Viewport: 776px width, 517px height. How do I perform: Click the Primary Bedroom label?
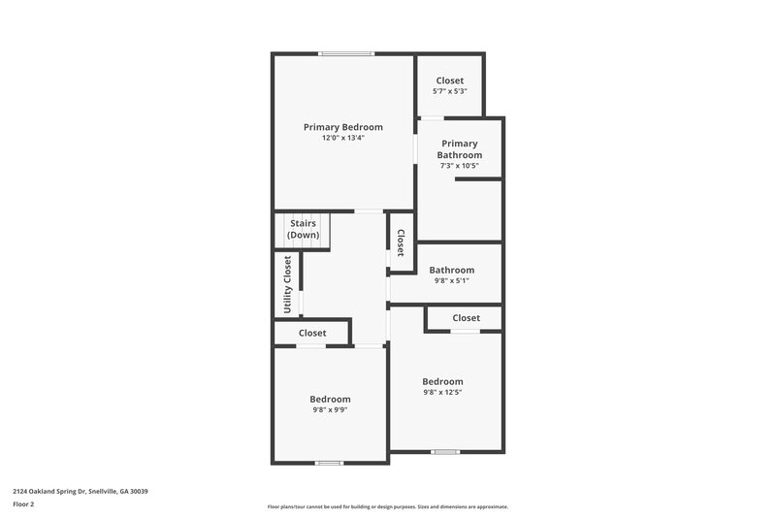342,127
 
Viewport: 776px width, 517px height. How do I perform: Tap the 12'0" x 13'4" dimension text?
342,138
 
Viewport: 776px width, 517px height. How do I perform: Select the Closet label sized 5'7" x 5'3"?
449,81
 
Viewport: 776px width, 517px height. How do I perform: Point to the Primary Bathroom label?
459,148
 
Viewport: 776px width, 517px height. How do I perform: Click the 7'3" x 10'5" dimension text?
459,166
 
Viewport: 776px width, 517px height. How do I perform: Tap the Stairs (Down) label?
304,229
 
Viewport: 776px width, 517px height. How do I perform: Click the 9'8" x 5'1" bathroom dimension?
451,281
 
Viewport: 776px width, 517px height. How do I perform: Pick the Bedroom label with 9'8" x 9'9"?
330,399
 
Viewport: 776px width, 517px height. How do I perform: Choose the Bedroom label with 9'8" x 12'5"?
442,381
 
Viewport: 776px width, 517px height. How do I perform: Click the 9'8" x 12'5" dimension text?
442,393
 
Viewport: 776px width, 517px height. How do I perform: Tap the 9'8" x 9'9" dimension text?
330,410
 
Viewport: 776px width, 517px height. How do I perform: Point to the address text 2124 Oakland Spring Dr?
80,491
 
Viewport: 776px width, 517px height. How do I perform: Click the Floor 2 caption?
23,504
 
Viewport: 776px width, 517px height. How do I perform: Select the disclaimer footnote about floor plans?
387,506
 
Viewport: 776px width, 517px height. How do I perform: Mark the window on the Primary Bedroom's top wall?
347,53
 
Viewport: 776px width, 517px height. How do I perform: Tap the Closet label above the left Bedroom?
312,333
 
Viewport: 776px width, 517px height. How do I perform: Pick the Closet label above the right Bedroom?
466,318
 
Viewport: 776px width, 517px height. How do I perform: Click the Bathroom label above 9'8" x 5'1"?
451,270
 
